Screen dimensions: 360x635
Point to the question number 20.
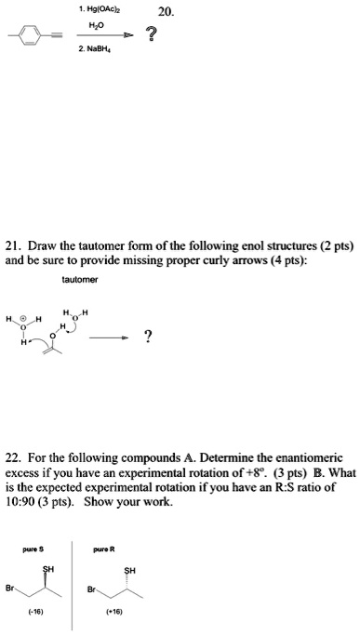[x=165, y=12]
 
